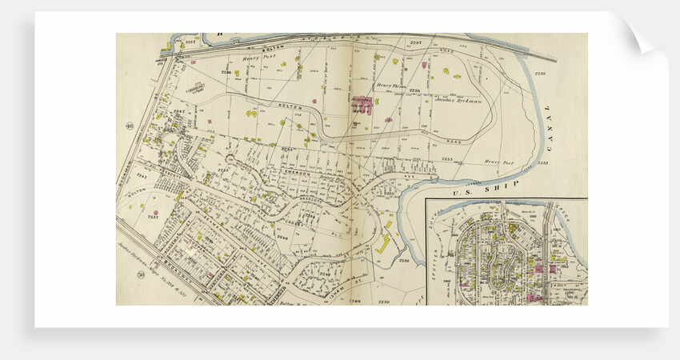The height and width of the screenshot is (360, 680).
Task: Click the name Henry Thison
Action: click(x=391, y=85)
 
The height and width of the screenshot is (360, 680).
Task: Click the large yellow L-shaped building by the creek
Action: click(x=384, y=242)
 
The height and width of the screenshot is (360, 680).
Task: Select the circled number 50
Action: click(x=129, y=274)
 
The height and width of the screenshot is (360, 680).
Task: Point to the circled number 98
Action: click(x=129, y=126)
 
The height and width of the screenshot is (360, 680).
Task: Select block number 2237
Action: click(x=152, y=216)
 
